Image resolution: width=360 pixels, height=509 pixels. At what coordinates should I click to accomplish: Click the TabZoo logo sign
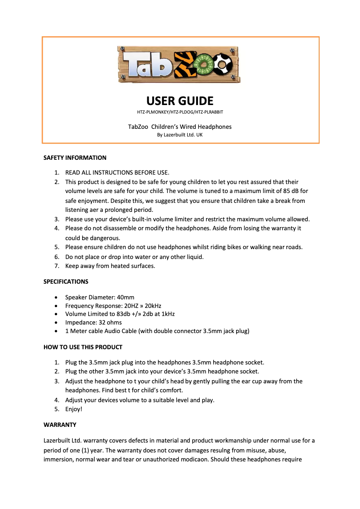pos(180,64)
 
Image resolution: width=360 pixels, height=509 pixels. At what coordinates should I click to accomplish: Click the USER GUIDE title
pos(180,101)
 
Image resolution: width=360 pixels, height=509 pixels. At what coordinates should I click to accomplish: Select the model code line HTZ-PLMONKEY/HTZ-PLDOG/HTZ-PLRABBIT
pos(180,112)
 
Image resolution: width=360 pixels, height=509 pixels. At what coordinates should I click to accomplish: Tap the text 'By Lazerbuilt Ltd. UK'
pos(180,134)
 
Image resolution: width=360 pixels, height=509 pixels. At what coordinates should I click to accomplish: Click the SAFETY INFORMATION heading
pos(75,158)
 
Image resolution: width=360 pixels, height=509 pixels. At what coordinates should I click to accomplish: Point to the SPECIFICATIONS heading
pos(66,282)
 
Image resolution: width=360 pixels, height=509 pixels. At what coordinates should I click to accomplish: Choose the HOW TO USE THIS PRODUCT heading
pos(83,347)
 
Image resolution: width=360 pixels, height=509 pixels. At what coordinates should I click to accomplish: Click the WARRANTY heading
pos(60,425)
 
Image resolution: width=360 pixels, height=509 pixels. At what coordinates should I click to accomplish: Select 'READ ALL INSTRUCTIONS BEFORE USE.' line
pos(117,172)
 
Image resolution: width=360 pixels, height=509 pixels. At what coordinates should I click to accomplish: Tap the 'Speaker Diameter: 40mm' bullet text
pos(100,297)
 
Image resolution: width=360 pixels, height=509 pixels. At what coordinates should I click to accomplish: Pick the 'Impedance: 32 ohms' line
pos(93,322)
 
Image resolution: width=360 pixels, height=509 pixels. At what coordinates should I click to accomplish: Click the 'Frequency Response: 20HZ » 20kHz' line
pos(110,306)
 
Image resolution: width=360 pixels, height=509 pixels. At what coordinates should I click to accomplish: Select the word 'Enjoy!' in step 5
pos(74,409)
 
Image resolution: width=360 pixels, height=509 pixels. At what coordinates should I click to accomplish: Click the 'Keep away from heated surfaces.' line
pos(110,266)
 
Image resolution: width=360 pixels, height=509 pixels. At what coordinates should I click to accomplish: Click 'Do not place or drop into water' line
pos(134,257)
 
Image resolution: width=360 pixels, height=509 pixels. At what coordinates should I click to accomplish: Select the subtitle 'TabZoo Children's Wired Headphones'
pos(180,127)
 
